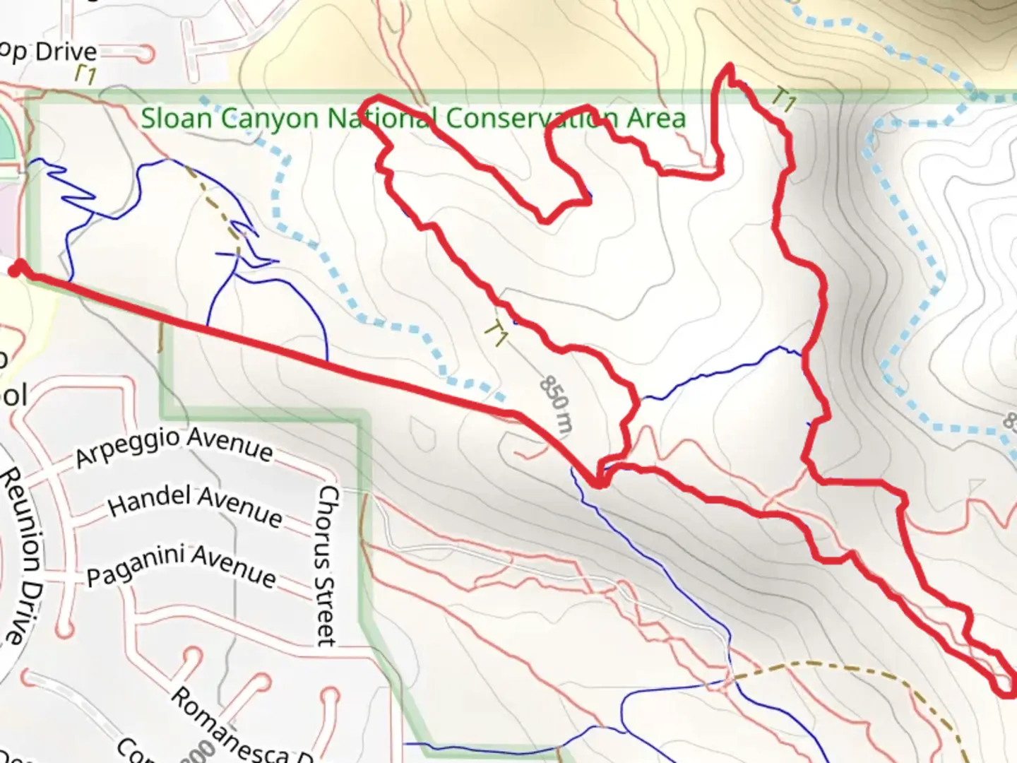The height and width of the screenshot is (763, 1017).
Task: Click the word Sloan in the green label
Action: pos(177,118)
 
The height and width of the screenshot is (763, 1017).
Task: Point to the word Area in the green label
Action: pos(656,118)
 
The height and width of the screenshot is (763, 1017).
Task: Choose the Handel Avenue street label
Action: pos(195,504)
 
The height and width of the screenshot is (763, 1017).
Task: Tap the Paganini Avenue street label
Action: pos(181,565)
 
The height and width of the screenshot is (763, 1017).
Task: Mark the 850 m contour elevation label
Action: pos(557,403)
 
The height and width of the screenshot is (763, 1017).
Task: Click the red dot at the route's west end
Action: pos(18,268)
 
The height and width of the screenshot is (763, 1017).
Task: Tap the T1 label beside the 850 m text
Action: pos(497,333)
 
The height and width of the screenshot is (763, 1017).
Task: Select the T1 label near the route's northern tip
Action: pos(783,100)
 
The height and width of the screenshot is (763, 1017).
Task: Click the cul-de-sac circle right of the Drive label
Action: pos(147,54)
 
